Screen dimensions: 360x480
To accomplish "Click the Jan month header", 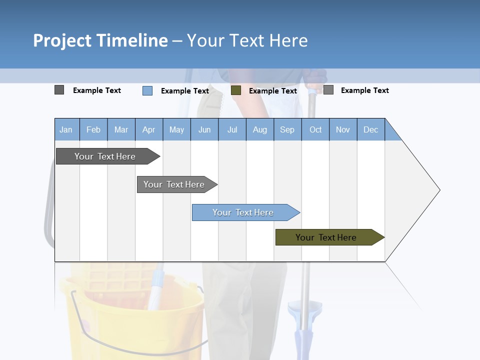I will point(66,130).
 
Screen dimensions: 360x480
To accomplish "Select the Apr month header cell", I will point(149,130).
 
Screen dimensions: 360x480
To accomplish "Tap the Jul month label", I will point(232,130).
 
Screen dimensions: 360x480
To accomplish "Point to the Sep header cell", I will point(287,130).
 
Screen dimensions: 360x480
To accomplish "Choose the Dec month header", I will point(370,130).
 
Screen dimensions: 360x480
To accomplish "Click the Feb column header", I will point(93,130).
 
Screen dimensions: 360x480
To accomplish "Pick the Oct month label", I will point(315,130).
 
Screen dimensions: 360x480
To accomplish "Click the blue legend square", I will point(147,90).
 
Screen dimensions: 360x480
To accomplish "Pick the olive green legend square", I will point(236,90).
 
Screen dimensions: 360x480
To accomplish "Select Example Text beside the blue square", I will point(185,91).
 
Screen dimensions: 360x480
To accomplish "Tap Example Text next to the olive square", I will point(273,91).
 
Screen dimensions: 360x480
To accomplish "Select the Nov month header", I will point(343,130).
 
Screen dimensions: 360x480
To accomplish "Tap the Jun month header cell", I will point(204,130).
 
